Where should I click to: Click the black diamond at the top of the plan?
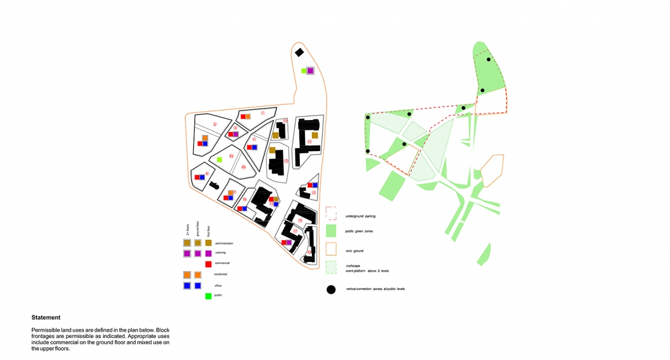click(299, 52)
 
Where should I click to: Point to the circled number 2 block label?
click(215, 124)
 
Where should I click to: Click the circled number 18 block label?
click(309, 252)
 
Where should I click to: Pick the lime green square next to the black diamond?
click(304, 70)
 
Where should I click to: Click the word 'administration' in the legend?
click(224, 243)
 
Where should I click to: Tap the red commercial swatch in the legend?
click(208, 264)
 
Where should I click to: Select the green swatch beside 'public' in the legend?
click(208, 296)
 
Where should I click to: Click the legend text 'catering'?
click(220, 253)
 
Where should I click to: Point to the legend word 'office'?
click(218, 286)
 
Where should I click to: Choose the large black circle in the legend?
click(331, 290)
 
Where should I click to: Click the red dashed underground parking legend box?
click(331, 212)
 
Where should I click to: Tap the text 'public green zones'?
click(359, 231)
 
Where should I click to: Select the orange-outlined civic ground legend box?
click(331, 249)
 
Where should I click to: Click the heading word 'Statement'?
click(46, 317)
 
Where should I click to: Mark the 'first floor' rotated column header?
click(208, 230)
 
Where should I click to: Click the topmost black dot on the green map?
click(489, 59)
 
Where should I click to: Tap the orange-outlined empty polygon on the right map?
click(492, 169)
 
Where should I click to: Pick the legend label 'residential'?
click(221, 274)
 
